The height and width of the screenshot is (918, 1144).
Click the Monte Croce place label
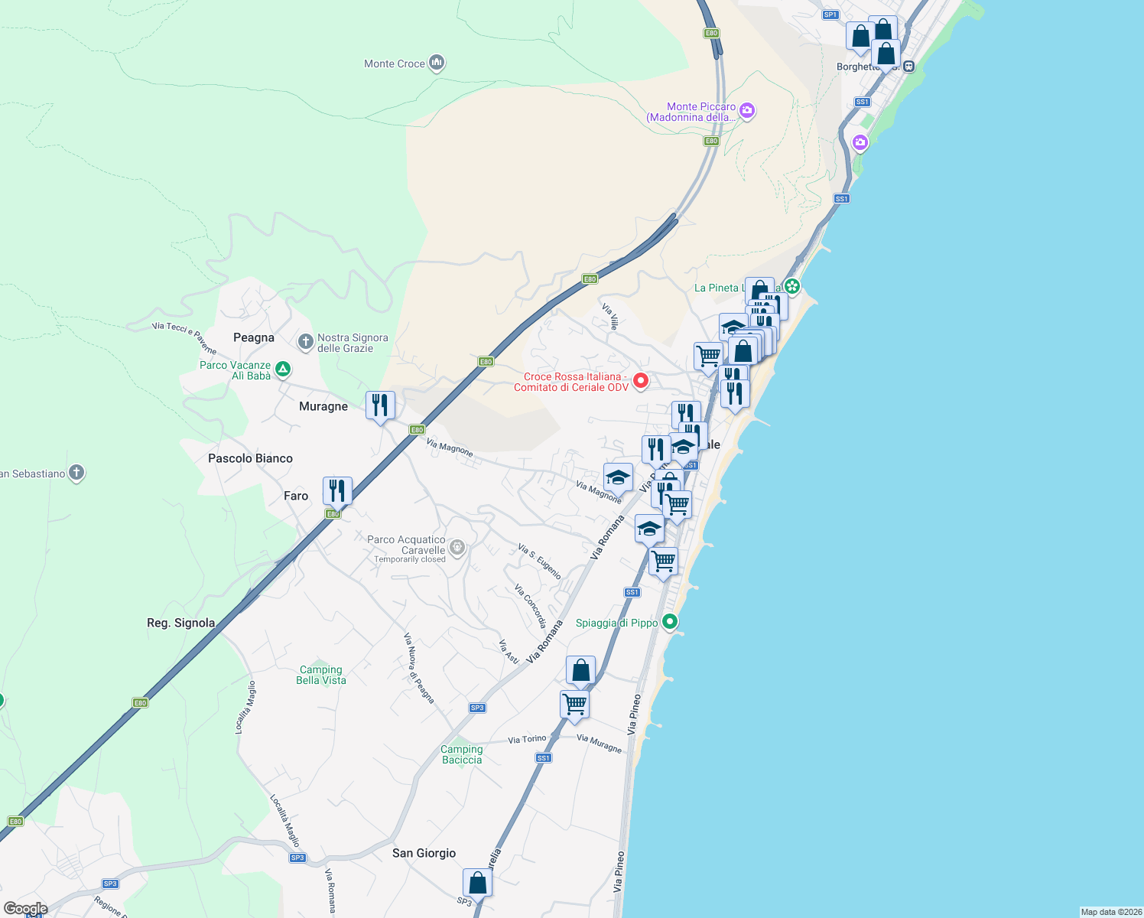tap(394, 64)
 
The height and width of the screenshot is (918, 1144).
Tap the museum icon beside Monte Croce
tap(437, 63)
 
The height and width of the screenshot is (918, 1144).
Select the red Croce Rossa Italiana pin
tap(641, 380)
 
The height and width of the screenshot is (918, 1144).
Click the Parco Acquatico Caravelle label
tap(406, 545)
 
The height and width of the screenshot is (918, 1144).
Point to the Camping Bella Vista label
tap(321, 675)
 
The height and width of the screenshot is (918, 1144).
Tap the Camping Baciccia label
tap(462, 754)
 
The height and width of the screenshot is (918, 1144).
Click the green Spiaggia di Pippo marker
tap(670, 622)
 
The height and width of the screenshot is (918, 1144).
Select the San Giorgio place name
tap(424, 853)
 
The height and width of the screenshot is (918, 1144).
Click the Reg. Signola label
tap(180, 623)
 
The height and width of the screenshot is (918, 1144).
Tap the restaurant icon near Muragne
tap(380, 405)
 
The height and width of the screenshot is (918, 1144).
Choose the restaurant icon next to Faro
tap(337, 490)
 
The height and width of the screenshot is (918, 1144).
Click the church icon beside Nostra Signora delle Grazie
tap(306, 342)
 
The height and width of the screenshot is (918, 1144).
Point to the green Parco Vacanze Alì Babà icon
tap(283, 369)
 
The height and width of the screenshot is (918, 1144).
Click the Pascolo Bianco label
tap(250, 458)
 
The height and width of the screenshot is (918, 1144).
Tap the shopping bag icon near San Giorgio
tap(477, 883)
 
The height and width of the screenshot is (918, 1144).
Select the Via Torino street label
tap(527, 740)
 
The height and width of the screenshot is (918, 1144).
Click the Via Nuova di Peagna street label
tap(419, 668)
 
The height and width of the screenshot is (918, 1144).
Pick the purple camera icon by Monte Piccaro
tap(747, 111)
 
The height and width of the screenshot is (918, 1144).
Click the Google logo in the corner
tap(25, 909)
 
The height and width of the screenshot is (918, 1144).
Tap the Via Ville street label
tap(609, 317)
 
